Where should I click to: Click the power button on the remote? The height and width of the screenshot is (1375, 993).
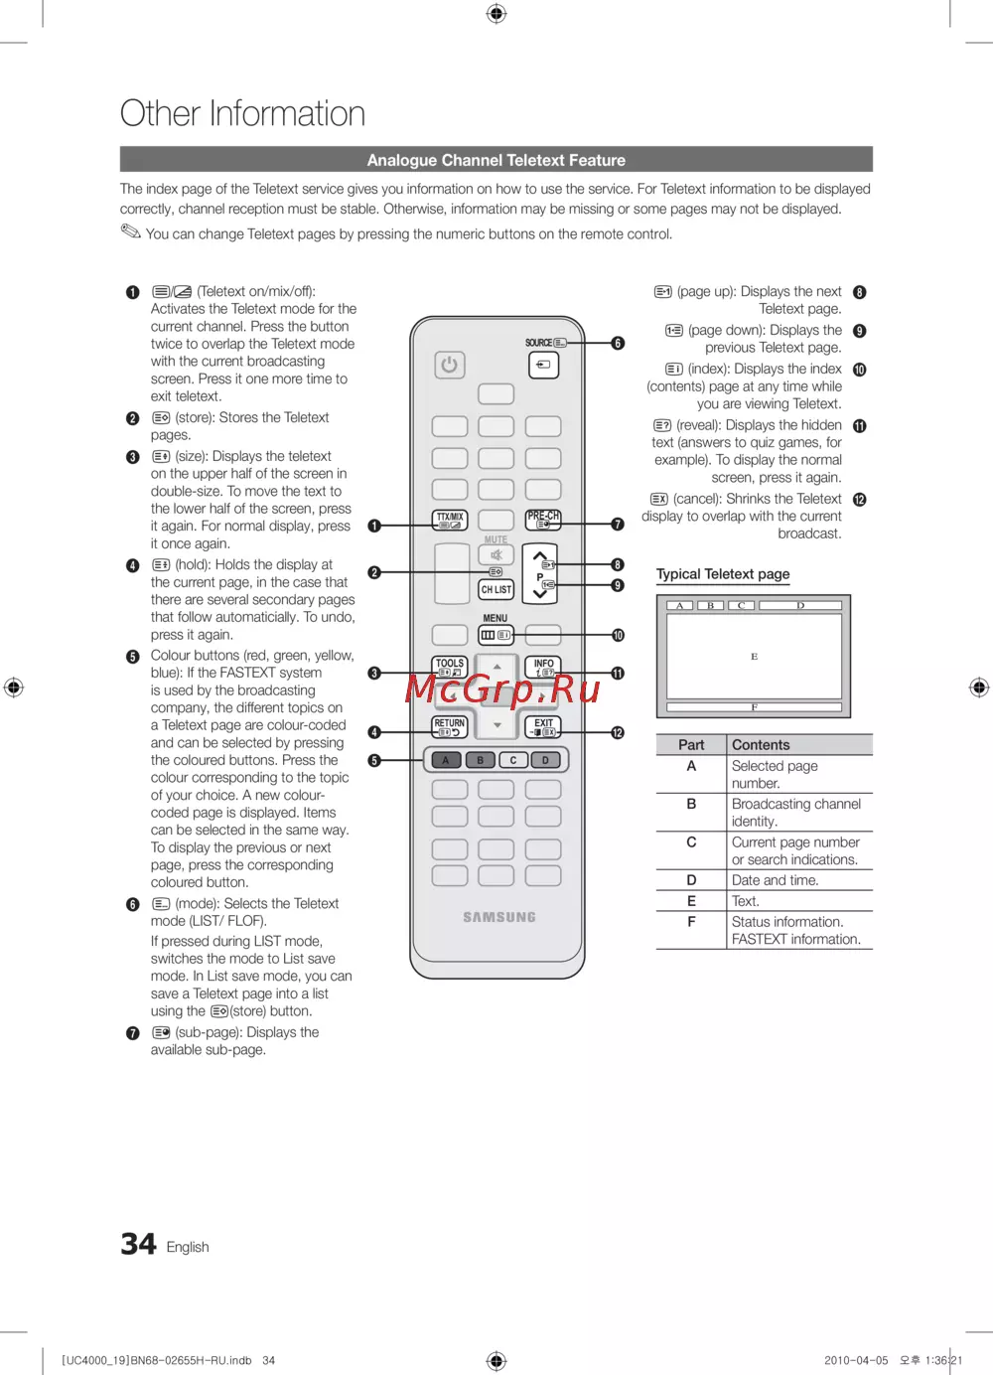tap(450, 365)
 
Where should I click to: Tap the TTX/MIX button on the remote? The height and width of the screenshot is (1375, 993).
tap(450, 520)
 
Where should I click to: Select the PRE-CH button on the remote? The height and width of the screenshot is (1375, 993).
tap(543, 520)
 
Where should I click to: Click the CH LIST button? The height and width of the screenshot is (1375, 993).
tap(496, 589)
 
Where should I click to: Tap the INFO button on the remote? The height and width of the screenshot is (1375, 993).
tap(543, 667)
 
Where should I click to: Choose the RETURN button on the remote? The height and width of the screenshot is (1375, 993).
tap(450, 726)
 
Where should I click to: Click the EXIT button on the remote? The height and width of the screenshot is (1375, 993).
tap(543, 726)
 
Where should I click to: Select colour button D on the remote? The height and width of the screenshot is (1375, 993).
tap(545, 760)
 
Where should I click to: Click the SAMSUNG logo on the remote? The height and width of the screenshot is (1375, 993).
tap(498, 917)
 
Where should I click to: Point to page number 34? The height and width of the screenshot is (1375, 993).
tap(138, 1244)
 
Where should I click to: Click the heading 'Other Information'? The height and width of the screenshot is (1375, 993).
tap(242, 113)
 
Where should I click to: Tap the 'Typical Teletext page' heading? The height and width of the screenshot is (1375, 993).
tap(723, 574)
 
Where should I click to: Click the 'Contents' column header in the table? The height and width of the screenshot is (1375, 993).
tap(761, 745)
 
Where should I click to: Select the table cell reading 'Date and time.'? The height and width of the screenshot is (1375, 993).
tap(775, 880)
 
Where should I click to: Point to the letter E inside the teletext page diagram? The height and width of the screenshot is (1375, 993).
tap(755, 657)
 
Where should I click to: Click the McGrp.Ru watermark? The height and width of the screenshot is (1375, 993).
tap(502, 687)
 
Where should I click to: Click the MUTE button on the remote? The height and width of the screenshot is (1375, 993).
tap(496, 554)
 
